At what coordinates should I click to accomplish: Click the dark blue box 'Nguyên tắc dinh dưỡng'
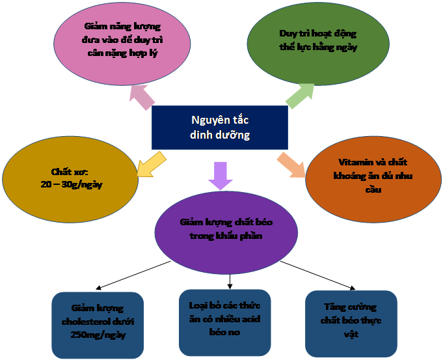[219, 127]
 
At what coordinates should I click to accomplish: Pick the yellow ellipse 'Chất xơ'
[70, 178]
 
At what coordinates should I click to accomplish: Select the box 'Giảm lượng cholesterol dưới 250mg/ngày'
[98, 324]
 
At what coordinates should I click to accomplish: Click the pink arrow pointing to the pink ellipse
[143, 98]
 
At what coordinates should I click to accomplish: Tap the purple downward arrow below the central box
[220, 174]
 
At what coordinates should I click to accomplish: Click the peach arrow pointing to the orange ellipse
[291, 165]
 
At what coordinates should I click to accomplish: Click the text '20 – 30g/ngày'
[71, 184]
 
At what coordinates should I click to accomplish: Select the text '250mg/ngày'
[98, 335]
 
